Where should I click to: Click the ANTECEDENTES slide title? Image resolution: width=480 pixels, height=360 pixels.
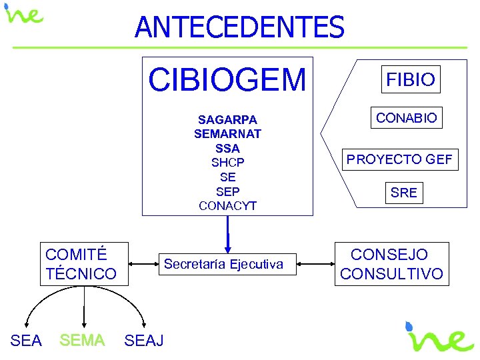(x=239, y=27)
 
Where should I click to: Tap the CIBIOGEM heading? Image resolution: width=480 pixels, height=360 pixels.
(x=227, y=80)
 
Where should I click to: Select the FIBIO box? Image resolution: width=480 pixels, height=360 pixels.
(x=411, y=80)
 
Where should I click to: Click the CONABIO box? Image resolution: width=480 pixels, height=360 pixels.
(x=407, y=118)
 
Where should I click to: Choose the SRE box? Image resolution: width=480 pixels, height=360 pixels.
(x=404, y=193)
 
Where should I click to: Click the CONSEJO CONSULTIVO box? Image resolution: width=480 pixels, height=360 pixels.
(x=391, y=264)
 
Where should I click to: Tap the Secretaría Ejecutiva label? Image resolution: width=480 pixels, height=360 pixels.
(x=223, y=265)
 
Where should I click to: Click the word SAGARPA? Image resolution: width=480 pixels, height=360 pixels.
(x=227, y=120)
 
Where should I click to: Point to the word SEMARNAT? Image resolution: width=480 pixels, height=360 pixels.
(x=227, y=134)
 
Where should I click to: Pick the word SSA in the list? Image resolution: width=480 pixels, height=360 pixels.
(x=227, y=148)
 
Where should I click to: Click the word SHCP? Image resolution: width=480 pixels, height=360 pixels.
(x=227, y=163)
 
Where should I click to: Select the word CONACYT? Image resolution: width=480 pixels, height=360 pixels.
(x=227, y=206)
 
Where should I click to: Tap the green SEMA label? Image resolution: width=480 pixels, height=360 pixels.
(x=82, y=341)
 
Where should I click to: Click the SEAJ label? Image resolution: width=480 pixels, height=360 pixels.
(x=144, y=341)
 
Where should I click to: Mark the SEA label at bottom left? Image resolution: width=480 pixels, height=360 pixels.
(x=27, y=341)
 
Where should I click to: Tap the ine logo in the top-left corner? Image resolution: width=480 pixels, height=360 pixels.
(x=24, y=15)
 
